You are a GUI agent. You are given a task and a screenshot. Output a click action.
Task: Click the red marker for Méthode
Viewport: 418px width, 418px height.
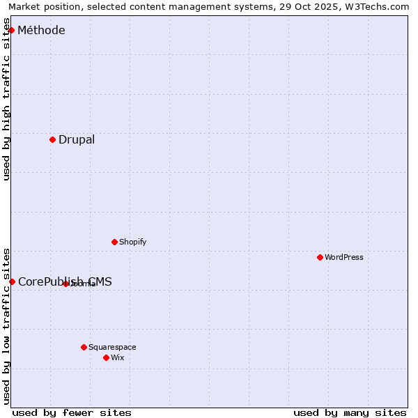(x=11, y=30)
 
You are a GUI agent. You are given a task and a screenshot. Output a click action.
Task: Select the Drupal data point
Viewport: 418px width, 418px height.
(x=52, y=139)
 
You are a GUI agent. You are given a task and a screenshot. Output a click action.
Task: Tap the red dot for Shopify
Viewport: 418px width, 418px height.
(x=114, y=242)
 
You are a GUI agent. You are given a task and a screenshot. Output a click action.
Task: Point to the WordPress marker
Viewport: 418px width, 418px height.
(x=320, y=257)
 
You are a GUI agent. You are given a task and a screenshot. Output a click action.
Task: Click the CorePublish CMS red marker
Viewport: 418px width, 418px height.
(x=12, y=281)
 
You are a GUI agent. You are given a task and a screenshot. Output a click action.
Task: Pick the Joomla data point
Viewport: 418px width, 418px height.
(x=65, y=284)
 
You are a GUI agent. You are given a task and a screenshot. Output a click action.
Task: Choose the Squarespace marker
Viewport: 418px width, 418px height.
(x=84, y=347)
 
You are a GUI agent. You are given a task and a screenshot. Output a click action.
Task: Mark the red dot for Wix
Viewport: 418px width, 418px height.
(x=106, y=357)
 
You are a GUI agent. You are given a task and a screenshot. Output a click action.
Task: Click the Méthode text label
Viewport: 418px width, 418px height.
(x=41, y=30)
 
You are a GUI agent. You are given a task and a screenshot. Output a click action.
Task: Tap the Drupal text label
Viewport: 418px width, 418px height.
(x=77, y=139)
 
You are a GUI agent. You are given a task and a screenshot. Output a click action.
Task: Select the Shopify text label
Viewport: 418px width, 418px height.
(x=132, y=242)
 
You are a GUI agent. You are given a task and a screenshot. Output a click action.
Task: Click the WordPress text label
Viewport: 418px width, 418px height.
(x=344, y=257)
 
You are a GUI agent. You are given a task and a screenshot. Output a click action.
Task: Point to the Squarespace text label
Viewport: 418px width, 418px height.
(x=112, y=347)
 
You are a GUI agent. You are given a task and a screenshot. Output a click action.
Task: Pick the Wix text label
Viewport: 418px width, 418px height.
(x=117, y=357)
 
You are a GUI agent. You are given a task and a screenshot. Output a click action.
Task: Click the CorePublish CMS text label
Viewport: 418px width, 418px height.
(x=65, y=281)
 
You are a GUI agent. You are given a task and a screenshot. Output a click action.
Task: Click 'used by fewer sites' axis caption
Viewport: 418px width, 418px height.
(x=72, y=412)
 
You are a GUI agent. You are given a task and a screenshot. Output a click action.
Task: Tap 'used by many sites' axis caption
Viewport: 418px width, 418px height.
(x=350, y=412)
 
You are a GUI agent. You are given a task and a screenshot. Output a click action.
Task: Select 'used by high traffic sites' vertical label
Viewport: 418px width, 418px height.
(x=6, y=100)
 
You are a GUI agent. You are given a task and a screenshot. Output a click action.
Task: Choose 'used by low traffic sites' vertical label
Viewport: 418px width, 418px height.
(x=6, y=325)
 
